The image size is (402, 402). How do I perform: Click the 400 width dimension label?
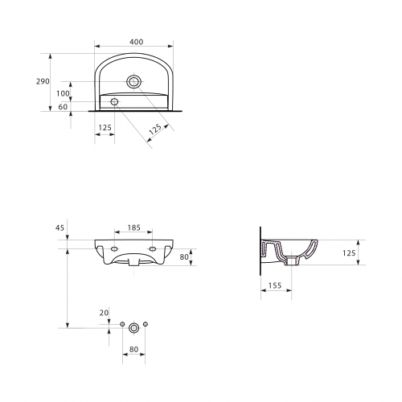[x=137, y=42]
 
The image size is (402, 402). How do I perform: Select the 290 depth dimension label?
[x=43, y=81]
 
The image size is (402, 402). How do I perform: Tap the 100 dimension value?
[x=63, y=93]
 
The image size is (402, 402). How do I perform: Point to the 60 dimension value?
[x=63, y=107]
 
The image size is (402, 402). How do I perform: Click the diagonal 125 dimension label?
[x=155, y=129]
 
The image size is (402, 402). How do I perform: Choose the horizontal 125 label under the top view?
[x=105, y=128]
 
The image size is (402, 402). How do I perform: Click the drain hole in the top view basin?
[x=133, y=81]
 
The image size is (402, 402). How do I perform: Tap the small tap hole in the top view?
[x=114, y=101]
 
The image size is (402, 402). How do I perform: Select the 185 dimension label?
[x=133, y=228]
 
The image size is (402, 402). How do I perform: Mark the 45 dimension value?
[x=59, y=228]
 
